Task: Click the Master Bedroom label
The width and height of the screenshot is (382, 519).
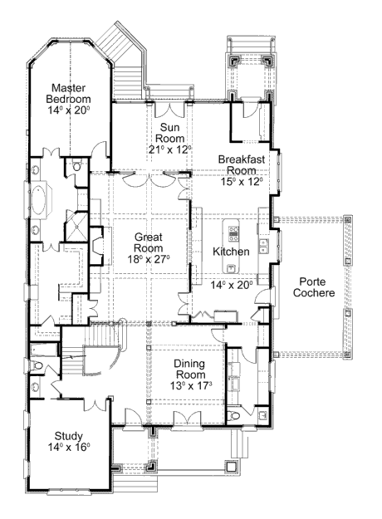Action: click(69, 93)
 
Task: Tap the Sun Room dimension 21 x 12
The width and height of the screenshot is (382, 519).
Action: click(169, 149)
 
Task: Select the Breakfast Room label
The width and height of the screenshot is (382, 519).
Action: click(242, 164)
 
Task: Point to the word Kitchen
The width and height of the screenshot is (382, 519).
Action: click(231, 252)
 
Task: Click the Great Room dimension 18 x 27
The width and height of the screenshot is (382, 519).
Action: click(149, 259)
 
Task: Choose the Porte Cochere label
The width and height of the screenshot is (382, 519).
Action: click(313, 287)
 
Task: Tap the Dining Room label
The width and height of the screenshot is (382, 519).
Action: click(189, 369)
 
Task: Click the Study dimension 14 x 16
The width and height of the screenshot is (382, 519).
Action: click(69, 448)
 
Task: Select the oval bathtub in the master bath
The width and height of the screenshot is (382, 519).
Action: click(37, 201)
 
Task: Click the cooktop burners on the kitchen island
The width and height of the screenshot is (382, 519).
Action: click(233, 232)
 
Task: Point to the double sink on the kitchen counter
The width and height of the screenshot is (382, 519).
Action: click(264, 247)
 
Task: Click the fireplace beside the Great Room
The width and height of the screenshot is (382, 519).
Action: click(96, 246)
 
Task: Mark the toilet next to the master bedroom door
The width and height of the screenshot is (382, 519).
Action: click(76, 165)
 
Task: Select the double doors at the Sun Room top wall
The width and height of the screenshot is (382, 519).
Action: click(169, 110)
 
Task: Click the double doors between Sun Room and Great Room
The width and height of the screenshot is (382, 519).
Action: click(149, 179)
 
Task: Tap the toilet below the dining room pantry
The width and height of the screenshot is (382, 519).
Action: click(233, 415)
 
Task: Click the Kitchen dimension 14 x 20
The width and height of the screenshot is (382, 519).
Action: click(232, 285)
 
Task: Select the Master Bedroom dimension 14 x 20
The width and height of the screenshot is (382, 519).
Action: click(69, 110)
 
